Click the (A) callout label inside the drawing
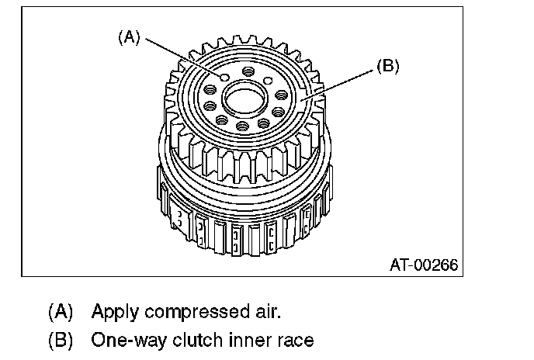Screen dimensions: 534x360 point(129,36)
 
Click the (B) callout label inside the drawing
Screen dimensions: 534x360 point(388,65)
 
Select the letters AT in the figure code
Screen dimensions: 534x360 point(399,265)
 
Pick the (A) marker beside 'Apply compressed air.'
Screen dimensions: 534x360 point(61,312)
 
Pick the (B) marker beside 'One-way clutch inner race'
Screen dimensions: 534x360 point(61,340)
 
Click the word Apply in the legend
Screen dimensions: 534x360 point(115,312)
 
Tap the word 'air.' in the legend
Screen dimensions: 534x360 point(268,311)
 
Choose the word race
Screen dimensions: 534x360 point(295,341)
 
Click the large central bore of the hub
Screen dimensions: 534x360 point(244,98)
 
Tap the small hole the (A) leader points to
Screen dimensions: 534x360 point(224,78)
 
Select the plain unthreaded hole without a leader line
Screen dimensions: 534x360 point(269,81)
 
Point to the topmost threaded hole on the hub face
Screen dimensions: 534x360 point(248,72)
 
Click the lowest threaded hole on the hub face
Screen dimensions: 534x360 point(242,126)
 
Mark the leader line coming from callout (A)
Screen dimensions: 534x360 point(183,57)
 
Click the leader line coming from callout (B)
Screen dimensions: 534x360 point(337,85)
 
